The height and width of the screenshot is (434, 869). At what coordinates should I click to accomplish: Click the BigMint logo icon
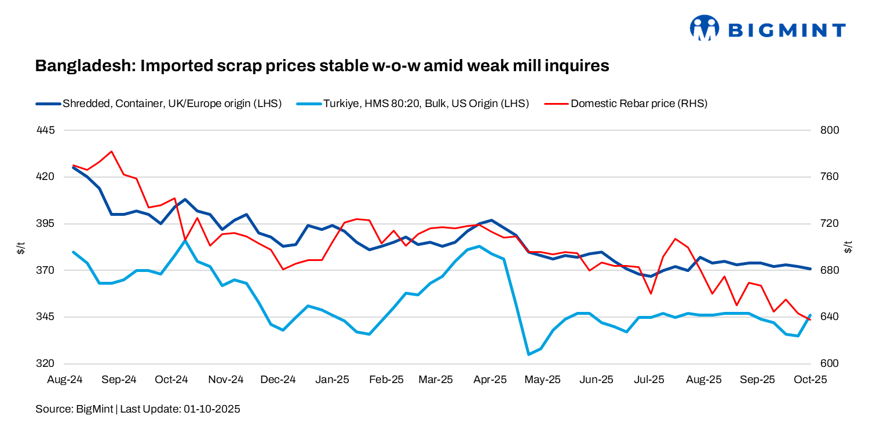coord(704,28)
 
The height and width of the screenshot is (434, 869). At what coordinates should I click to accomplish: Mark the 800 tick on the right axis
coord(830,130)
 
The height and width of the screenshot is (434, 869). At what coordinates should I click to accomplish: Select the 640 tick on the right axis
coord(830,317)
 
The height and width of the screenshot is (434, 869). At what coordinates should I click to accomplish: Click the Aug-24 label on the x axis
coord(65,380)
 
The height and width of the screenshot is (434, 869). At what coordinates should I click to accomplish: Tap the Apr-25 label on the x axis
coord(491,380)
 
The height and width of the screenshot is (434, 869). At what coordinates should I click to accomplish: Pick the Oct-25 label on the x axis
coord(810,380)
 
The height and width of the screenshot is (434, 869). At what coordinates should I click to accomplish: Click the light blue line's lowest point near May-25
coord(528,354)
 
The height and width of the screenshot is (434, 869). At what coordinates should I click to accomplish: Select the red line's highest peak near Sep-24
coord(111,152)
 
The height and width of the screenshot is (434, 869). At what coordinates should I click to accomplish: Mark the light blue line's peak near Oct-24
coord(185,240)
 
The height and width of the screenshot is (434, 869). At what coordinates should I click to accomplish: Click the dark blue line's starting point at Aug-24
coord(73,168)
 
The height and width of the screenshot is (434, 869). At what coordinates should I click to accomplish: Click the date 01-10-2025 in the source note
coord(211,409)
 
